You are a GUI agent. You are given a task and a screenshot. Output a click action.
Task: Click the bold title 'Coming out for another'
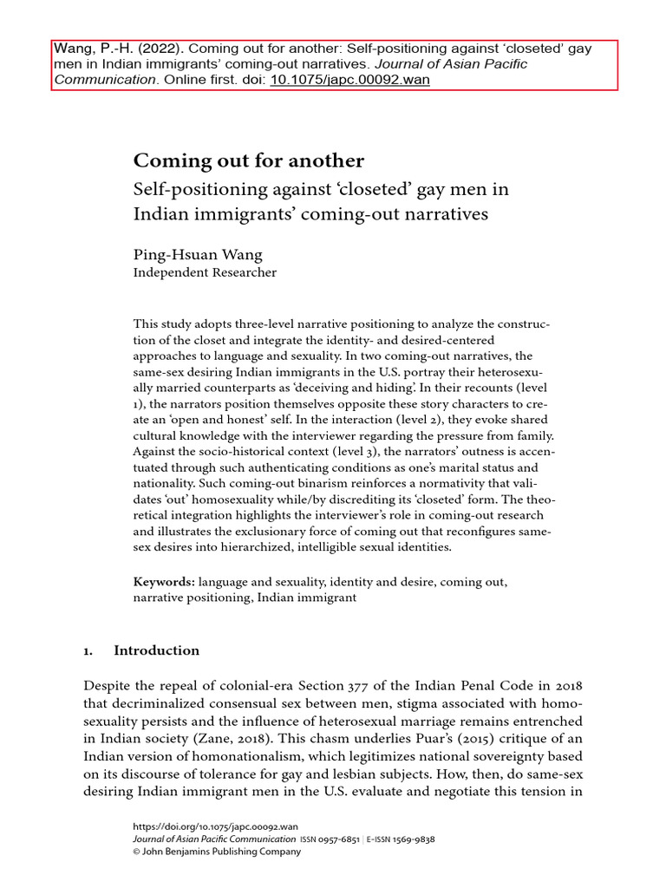248,161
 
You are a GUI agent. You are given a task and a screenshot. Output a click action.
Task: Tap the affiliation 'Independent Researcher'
205,272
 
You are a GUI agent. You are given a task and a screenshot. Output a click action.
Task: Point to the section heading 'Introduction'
157,650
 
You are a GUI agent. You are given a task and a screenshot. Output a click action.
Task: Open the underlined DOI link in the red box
349,79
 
